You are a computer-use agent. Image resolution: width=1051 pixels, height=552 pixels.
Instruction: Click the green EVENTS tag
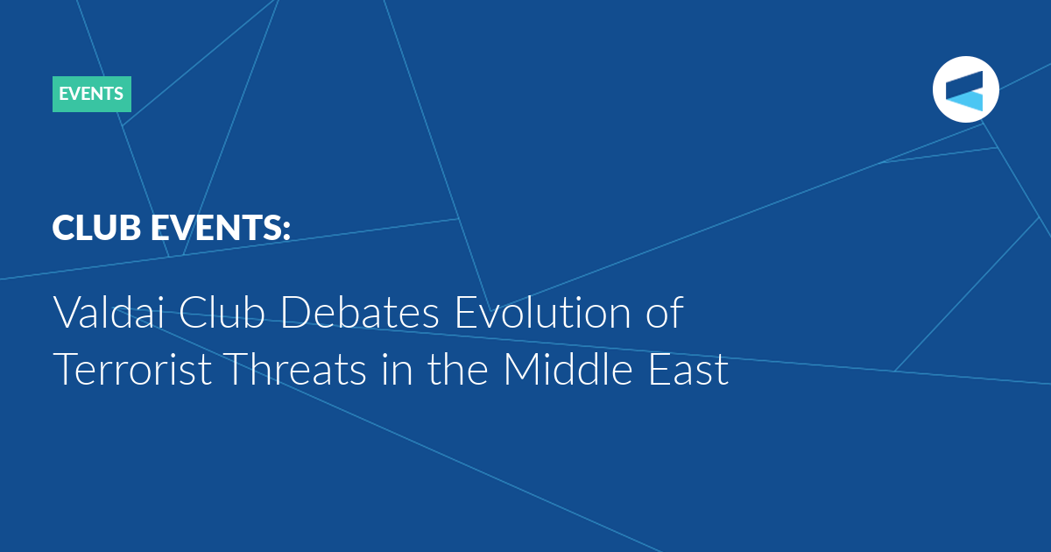tap(92, 94)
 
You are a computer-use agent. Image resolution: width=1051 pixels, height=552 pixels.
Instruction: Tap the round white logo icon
tap(965, 89)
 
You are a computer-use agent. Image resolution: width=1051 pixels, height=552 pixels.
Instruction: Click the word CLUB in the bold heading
tap(96, 228)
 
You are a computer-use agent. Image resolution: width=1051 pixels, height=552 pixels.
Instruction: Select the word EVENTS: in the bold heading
tap(221, 228)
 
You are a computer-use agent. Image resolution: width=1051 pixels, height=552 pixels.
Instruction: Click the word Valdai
tap(109, 311)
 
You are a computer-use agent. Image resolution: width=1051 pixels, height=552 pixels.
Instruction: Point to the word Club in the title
tap(222, 311)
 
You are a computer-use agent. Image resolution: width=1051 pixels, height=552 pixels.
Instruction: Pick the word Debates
tap(359, 311)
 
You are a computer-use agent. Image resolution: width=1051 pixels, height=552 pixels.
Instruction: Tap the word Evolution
tap(543, 311)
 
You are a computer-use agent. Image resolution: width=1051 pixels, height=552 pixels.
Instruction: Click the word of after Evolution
tap(665, 311)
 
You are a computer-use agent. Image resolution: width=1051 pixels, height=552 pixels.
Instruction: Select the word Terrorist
tap(132, 369)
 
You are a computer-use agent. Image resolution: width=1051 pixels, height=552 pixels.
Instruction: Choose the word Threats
tap(294, 369)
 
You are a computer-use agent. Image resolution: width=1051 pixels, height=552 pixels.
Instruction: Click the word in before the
tap(397, 369)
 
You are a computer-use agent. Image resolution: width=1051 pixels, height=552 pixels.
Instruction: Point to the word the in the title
tap(457, 369)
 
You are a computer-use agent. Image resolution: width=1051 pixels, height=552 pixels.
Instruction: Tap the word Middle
tap(568, 369)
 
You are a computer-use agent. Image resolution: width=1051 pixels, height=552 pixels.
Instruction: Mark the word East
tap(688, 369)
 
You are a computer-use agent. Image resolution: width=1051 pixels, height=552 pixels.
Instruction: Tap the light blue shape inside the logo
tap(967, 101)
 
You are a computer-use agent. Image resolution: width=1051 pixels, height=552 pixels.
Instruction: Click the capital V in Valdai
tap(68, 312)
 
